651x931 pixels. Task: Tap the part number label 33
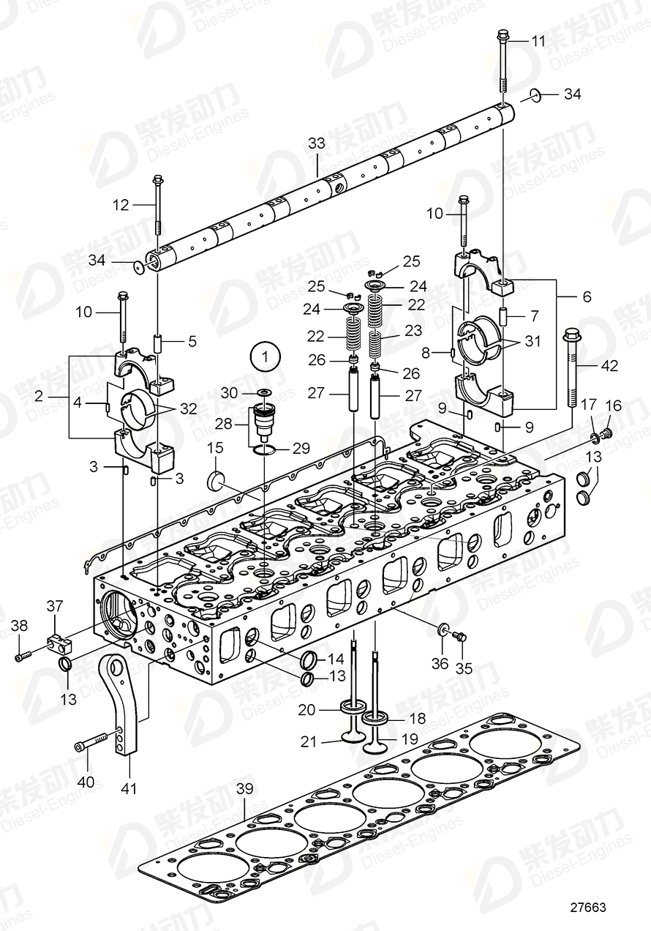315,144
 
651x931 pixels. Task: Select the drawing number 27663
589,907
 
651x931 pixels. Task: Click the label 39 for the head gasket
245,789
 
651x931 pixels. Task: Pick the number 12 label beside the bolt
121,205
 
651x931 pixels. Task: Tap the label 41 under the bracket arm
129,788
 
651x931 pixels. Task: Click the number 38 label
20,626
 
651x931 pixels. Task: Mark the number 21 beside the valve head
309,741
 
